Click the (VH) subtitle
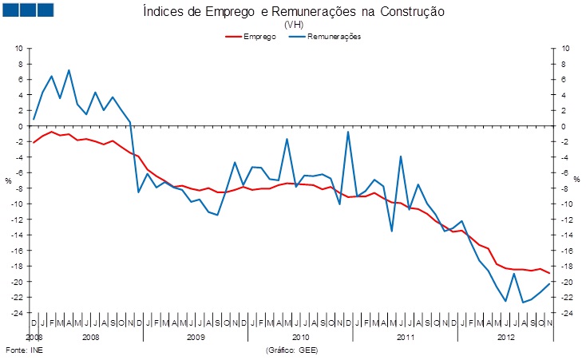pos(294,25)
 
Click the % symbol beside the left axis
pos(9,180)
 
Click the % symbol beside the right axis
pos(576,180)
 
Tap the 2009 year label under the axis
pos(196,338)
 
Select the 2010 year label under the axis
pos(301,338)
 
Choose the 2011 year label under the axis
pos(406,338)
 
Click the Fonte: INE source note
pos(22,350)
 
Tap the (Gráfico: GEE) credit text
pos(297,350)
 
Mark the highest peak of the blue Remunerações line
pos(69,70)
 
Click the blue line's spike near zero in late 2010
pos(348,132)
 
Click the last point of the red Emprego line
pos(549,274)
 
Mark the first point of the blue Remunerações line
pos(34,119)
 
